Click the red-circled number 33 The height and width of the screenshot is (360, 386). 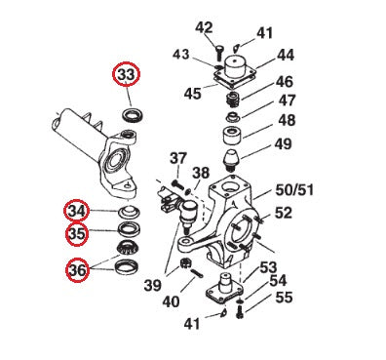(x=126, y=74)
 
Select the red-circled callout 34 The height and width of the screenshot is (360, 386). (x=77, y=211)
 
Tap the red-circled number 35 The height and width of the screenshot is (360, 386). (x=77, y=234)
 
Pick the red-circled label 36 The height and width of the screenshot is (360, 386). (x=78, y=270)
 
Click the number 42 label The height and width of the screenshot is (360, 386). (x=204, y=27)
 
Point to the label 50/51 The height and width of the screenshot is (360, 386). (x=294, y=190)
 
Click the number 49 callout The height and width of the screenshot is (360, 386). (x=283, y=143)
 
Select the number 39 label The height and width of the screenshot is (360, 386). (x=153, y=286)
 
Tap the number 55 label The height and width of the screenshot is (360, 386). (x=284, y=298)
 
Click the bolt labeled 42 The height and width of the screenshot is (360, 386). (x=218, y=52)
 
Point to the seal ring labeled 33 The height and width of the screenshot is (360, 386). (x=133, y=115)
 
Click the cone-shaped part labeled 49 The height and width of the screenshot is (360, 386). (x=230, y=160)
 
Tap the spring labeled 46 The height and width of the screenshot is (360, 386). (x=232, y=100)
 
